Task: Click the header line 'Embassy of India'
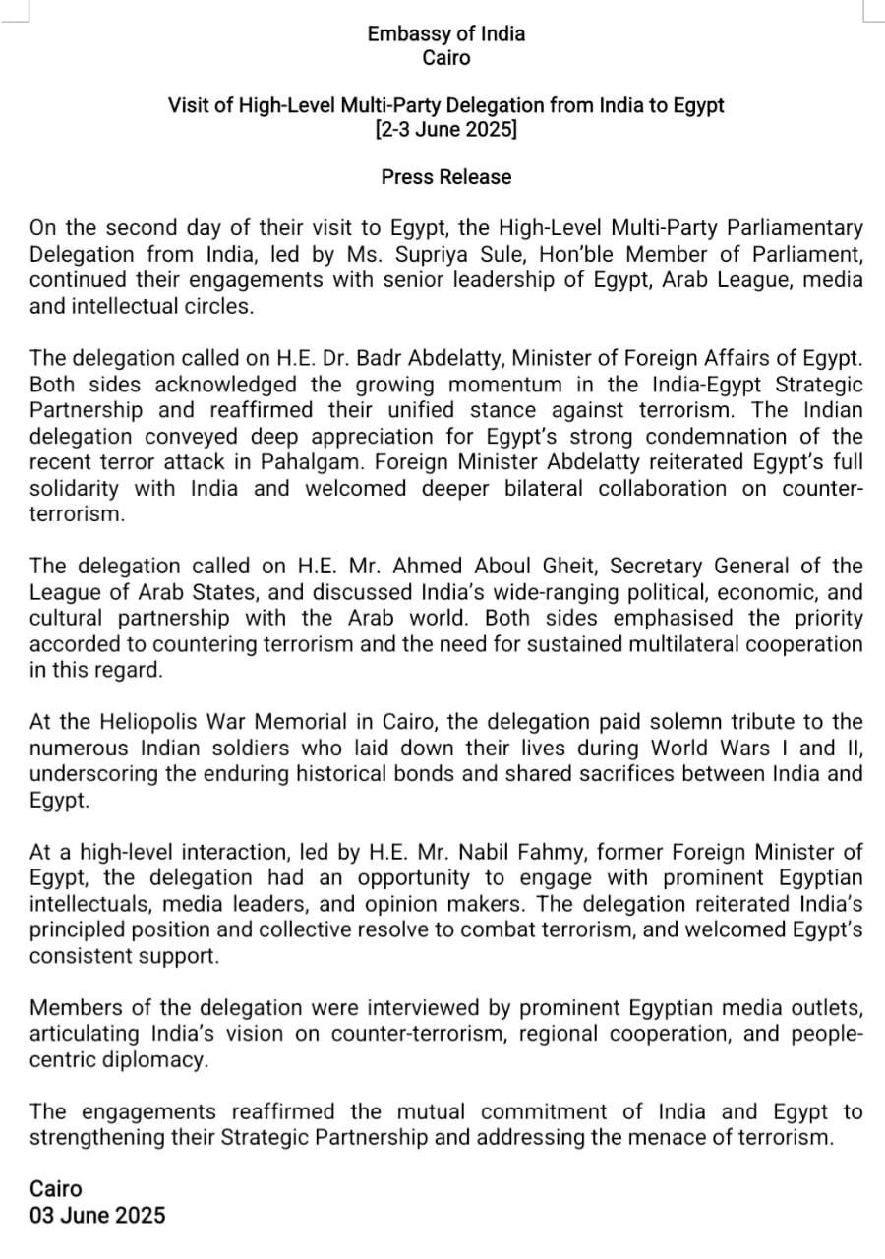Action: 445,33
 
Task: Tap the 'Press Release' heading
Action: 446,177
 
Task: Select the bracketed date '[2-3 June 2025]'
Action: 445,129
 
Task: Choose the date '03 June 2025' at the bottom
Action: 97,1215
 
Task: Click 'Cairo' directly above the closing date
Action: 56,1189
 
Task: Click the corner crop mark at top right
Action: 871,12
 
